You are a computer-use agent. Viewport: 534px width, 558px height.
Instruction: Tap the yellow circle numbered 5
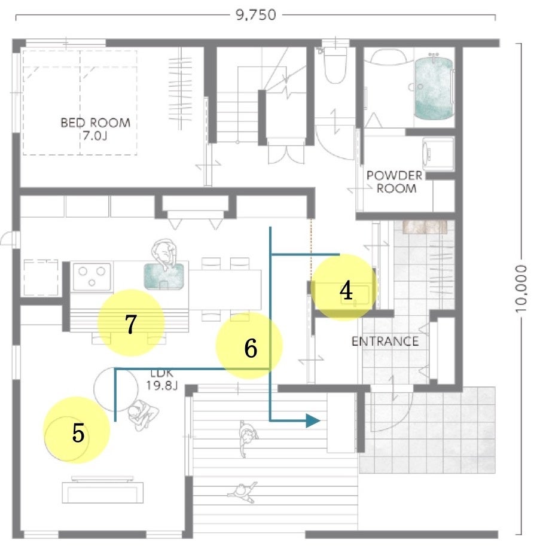77,431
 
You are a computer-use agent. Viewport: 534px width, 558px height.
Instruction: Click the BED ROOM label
95,129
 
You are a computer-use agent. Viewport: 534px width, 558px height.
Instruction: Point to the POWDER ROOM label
395,181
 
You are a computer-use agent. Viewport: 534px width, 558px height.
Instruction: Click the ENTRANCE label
385,341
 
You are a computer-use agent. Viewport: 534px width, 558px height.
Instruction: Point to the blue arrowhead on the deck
313,420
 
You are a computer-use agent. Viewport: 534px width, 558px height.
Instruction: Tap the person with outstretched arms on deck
241,491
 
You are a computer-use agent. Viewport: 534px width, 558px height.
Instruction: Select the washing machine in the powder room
438,154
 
